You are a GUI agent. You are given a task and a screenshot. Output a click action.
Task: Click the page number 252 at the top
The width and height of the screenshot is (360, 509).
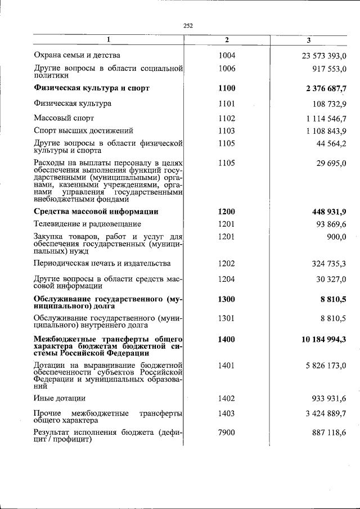pyautogui.click(x=188, y=25)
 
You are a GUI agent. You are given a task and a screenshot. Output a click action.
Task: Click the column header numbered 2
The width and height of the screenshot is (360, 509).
pyautogui.click(x=227, y=40)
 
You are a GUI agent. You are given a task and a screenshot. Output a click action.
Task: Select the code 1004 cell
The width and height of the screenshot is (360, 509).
pyautogui.click(x=227, y=55)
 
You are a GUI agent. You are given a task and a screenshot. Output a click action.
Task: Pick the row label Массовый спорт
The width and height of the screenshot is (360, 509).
pyautogui.click(x=64, y=118)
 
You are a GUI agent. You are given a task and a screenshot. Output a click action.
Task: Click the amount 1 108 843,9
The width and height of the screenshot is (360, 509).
pyautogui.click(x=326, y=131)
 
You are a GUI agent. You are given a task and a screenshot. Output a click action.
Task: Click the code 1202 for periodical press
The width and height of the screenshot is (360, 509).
pyautogui.click(x=227, y=263)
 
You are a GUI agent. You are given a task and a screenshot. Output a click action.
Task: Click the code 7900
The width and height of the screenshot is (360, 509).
pyautogui.click(x=227, y=432)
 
